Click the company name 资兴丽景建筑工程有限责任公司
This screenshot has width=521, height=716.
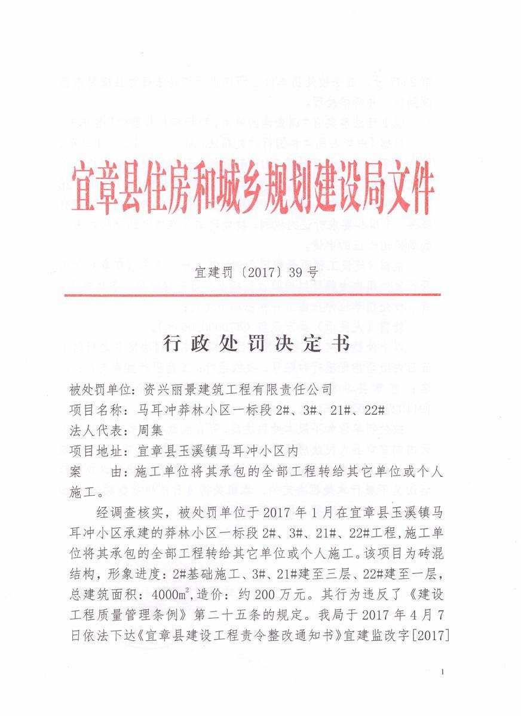pos(238,390)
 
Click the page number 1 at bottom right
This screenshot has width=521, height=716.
pos(442,672)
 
